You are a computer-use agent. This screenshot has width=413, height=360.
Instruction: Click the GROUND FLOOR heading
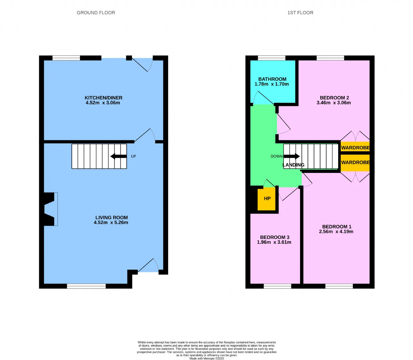[96, 13]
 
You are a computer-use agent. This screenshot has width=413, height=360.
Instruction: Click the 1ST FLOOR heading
[300, 13]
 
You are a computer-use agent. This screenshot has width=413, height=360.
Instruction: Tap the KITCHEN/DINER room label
[103, 98]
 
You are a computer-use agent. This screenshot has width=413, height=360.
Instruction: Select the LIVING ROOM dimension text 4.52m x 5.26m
[111, 222]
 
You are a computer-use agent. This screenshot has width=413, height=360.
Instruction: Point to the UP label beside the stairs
[134, 156]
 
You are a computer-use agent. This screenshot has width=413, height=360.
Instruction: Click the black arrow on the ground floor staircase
[118, 156]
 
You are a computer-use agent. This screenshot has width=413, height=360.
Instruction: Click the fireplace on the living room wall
[51, 209]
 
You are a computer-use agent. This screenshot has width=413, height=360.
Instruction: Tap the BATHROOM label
[272, 79]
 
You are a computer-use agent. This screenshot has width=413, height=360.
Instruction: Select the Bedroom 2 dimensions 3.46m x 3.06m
[334, 103]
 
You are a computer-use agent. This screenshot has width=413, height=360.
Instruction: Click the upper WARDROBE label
[355, 148]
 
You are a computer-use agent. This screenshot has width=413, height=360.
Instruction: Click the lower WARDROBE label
[355, 163]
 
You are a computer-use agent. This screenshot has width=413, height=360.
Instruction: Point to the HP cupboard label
[267, 199]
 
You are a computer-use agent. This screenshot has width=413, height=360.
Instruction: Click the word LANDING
[294, 165]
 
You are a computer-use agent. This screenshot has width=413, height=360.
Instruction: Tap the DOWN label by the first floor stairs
[277, 156]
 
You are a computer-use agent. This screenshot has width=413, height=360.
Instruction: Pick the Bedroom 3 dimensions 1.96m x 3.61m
[274, 242]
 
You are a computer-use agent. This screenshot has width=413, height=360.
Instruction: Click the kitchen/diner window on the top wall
[66, 58]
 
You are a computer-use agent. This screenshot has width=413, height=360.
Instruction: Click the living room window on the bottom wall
[86, 286]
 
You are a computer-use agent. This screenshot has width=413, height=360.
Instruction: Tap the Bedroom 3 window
[277, 286]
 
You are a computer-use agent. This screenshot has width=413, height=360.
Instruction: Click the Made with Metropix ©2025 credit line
[206, 358]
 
